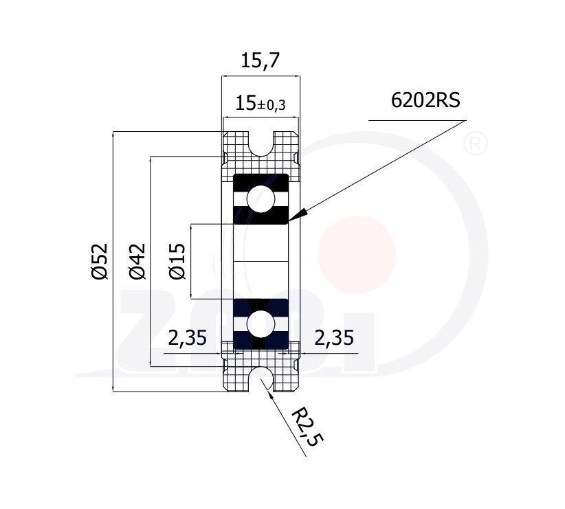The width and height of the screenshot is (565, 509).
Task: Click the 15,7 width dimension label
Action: pyautogui.click(x=260, y=60)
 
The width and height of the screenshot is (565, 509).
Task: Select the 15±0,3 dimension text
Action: pyautogui.click(x=260, y=104)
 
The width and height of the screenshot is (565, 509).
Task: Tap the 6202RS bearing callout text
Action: pyautogui.click(x=425, y=100)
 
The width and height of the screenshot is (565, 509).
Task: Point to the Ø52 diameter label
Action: pyautogui.click(x=100, y=261)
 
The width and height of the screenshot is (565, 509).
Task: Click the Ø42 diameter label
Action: pyautogui.click(x=137, y=261)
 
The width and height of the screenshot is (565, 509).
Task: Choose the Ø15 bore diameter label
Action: pyautogui.click(x=177, y=261)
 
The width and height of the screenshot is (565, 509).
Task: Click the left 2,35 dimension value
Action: pyautogui.click(x=188, y=338)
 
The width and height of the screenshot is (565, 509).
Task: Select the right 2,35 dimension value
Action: pyautogui.click(x=334, y=338)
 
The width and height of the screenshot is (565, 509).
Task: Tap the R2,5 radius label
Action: pyautogui.click(x=307, y=427)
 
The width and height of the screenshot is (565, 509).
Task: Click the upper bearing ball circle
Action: pyautogui.click(x=261, y=199)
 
